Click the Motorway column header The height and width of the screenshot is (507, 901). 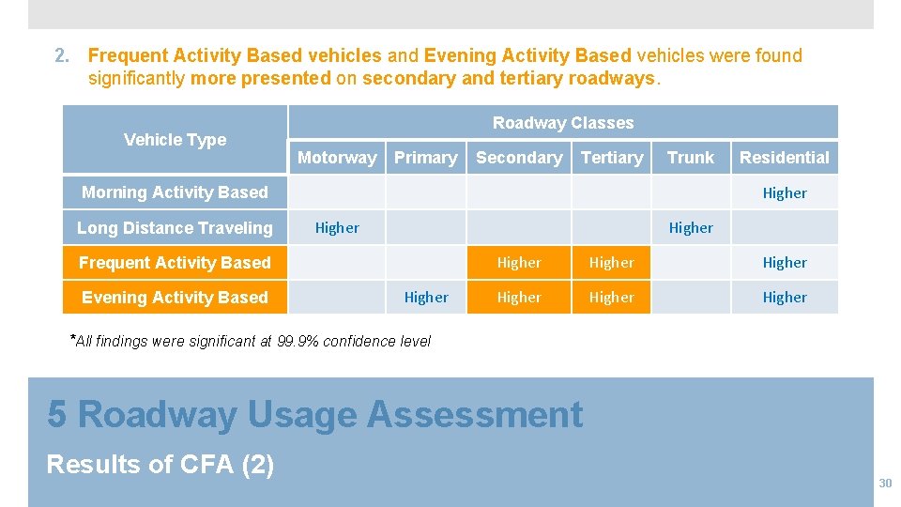(x=337, y=158)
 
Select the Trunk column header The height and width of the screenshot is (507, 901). (x=691, y=158)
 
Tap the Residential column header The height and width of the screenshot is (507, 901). (x=785, y=158)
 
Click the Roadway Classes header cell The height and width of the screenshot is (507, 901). (x=562, y=123)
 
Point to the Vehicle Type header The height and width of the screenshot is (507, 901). (x=175, y=140)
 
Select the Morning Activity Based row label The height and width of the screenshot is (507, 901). (x=175, y=192)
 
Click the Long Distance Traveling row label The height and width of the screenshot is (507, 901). (x=175, y=227)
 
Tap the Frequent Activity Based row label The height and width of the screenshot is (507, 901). (x=175, y=263)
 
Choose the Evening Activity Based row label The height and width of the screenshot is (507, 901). (x=175, y=298)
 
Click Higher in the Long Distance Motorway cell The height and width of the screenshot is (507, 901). (x=337, y=228)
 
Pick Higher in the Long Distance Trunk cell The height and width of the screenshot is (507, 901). (x=691, y=228)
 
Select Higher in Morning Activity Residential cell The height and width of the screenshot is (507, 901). (x=785, y=193)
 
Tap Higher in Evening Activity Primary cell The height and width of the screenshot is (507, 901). (x=426, y=298)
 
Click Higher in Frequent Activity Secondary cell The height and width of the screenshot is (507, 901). (x=519, y=263)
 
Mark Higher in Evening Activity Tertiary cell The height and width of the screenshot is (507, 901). (x=612, y=298)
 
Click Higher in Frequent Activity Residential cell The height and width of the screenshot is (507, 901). (x=785, y=263)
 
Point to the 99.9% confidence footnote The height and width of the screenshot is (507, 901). (x=252, y=341)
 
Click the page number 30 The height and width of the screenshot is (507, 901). (x=884, y=483)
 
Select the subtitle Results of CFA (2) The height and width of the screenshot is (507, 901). (x=160, y=464)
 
